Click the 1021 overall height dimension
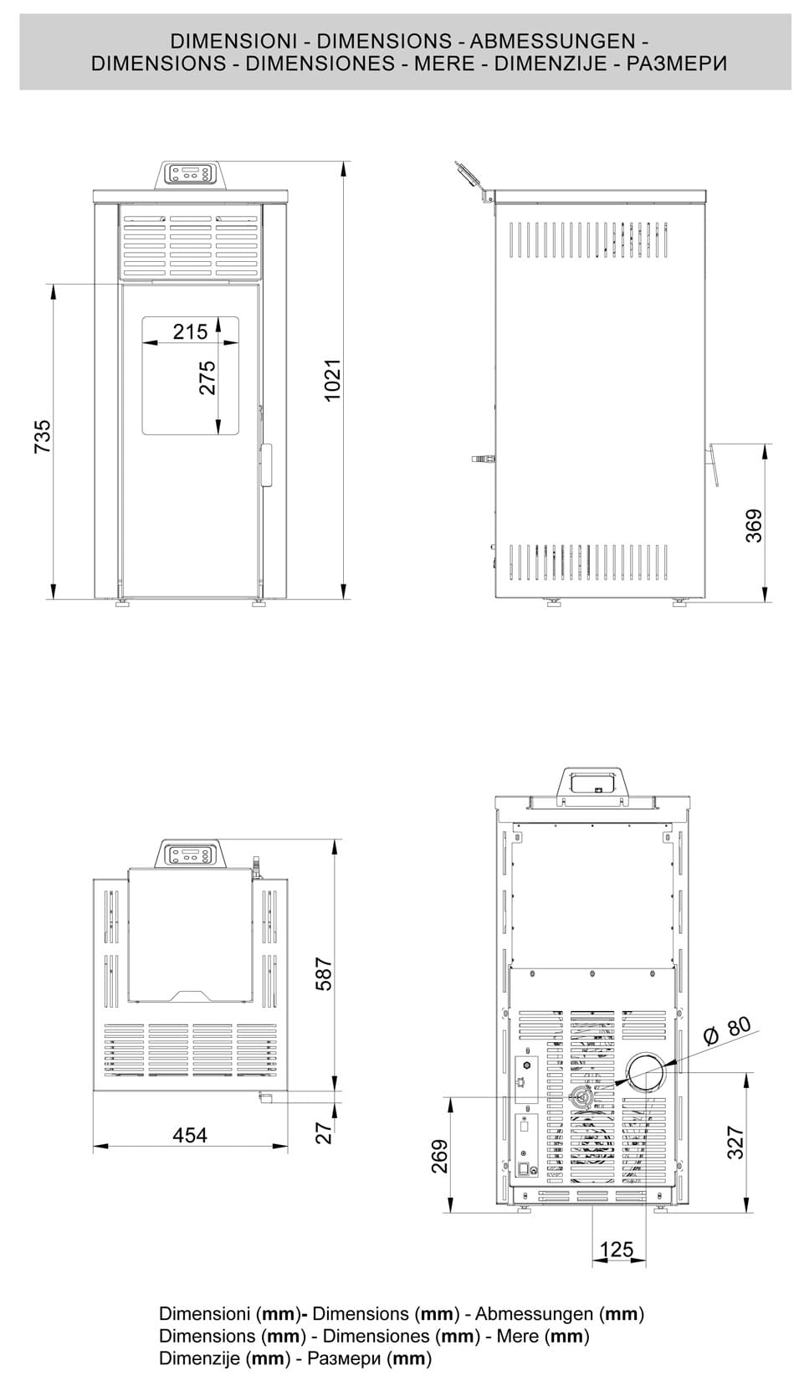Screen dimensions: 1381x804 click(x=333, y=379)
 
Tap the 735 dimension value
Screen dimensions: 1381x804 click(x=43, y=436)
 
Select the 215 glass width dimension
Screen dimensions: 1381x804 click(x=190, y=331)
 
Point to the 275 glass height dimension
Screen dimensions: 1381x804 click(x=207, y=377)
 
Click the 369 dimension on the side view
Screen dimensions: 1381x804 click(x=755, y=526)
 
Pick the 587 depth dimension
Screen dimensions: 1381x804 click(x=324, y=974)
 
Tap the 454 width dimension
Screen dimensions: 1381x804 click(x=190, y=1135)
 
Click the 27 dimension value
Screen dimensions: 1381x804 click(x=325, y=1132)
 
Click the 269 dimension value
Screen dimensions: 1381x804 click(x=440, y=1156)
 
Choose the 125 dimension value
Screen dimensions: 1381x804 click(x=617, y=1250)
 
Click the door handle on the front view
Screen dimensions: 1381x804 click(x=267, y=465)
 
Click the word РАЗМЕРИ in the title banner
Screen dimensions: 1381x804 click(x=677, y=64)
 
